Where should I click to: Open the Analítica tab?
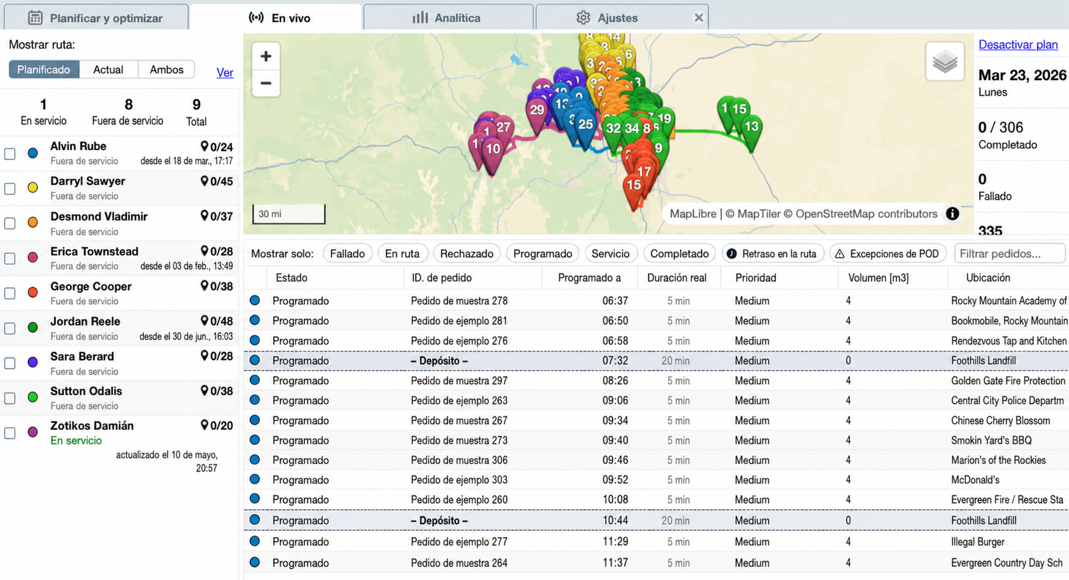[x=448, y=18]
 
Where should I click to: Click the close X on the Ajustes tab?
[x=698, y=18]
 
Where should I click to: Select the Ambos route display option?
[x=166, y=70]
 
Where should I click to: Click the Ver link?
[x=225, y=72]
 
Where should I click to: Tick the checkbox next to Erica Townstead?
[x=10, y=259]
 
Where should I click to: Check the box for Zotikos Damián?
[x=10, y=433]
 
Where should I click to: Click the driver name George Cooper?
[x=91, y=286]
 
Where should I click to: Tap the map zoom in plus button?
[x=266, y=56]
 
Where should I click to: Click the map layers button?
[x=945, y=61]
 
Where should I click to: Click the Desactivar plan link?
[x=1018, y=44]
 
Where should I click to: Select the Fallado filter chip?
[x=347, y=253]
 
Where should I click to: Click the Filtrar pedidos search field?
[x=1010, y=253]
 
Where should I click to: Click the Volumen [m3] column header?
[x=878, y=278]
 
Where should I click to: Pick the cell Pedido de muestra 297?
[x=459, y=381]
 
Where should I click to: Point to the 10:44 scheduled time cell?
[x=615, y=521]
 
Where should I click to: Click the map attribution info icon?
[x=952, y=214]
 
